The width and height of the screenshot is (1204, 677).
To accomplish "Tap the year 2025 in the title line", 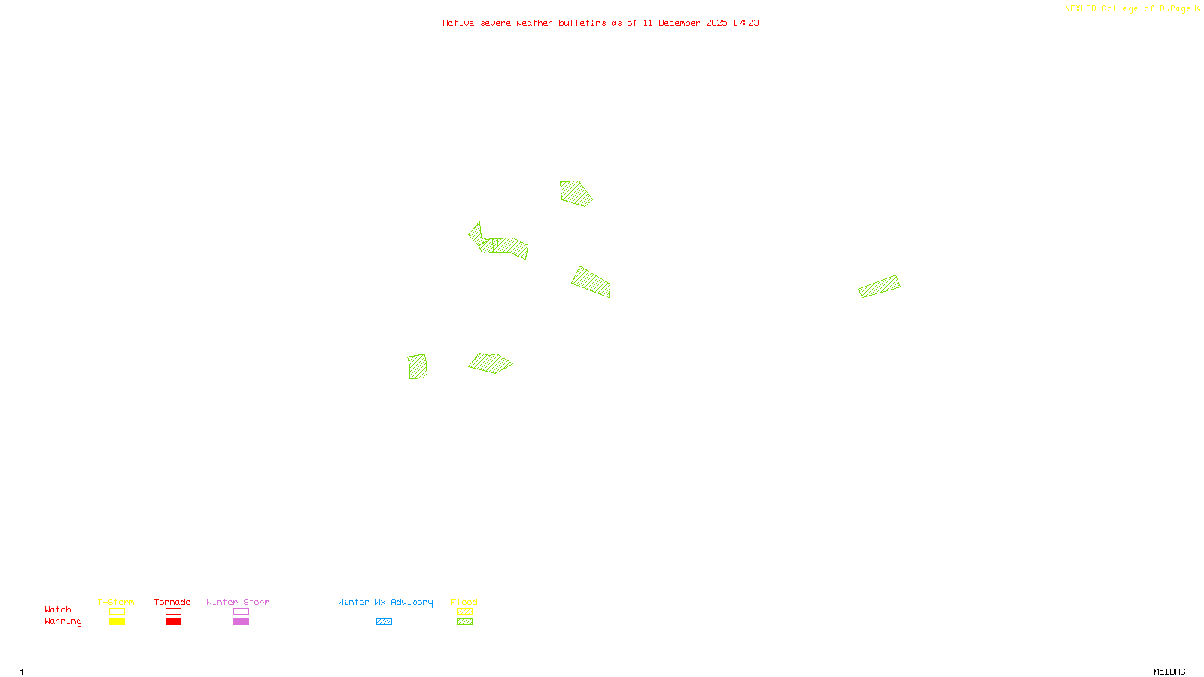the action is [x=716, y=23].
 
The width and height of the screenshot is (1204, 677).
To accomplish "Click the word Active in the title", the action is [x=458, y=23].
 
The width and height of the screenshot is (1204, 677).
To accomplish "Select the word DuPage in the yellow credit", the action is [x=1175, y=8].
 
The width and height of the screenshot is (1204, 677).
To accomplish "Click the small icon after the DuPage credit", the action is [x=1197, y=8].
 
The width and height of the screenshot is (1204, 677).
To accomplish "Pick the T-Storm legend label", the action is [x=116, y=602].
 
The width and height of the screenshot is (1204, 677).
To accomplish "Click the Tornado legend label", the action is [x=172, y=602].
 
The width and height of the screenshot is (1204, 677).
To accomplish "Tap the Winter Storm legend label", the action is [x=238, y=602].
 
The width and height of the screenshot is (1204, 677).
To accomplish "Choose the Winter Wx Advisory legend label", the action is [x=385, y=602].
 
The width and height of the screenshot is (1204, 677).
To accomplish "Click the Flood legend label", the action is [x=464, y=602].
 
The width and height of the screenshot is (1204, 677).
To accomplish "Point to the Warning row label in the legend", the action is [x=62, y=621].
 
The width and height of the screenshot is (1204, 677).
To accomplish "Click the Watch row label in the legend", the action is [x=58, y=609].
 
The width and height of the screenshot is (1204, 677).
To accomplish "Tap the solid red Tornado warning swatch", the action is [x=173, y=622].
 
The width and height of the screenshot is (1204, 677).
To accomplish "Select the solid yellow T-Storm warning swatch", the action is [x=117, y=622].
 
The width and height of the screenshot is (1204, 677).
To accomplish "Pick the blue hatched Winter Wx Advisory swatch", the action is [x=384, y=622].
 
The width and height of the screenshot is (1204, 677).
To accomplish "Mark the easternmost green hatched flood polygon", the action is [x=880, y=286].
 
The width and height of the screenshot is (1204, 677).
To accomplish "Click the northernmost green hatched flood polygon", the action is [x=575, y=193].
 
